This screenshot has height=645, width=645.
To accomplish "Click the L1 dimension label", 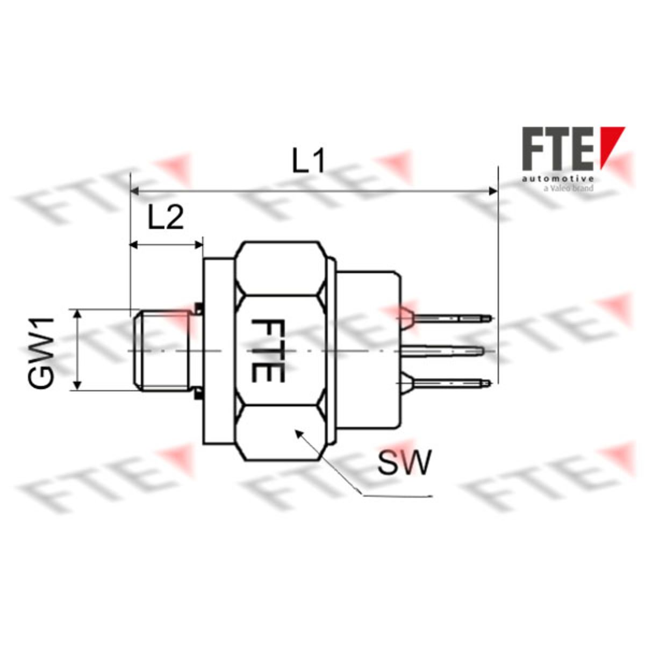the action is tap(309, 160).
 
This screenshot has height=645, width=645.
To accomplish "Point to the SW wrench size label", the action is tap(403, 462).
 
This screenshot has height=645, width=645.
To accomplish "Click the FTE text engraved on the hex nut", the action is tap(268, 350).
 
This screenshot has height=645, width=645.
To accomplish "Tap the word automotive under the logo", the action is tap(558, 178).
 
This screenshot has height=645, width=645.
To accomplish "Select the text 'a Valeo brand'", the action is tap(568, 189).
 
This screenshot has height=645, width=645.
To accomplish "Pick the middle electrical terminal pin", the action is tap(442, 350).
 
